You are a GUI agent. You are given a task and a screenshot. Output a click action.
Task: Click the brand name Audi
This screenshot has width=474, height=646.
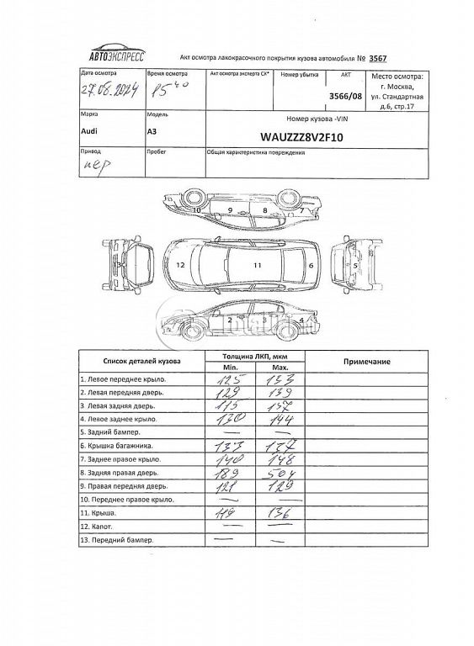tap(88, 131)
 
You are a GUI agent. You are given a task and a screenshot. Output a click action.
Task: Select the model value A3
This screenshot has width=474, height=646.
tap(152, 131)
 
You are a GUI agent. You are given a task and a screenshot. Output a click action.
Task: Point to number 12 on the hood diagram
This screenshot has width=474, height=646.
tap(180, 264)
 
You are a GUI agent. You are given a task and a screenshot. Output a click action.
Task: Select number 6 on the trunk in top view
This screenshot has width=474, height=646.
tap(311, 265)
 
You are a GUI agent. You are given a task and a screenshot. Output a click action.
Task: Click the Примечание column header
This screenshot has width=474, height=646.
tap(368, 361)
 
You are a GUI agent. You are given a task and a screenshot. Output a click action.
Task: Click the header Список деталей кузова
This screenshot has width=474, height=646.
tap(137, 362)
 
